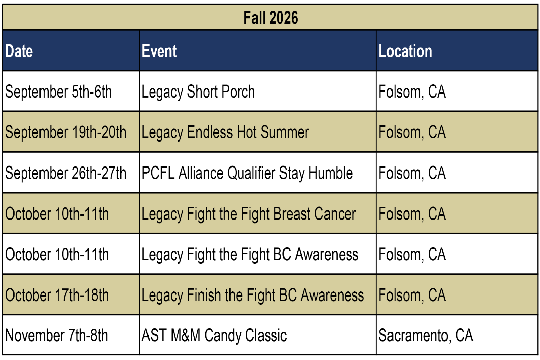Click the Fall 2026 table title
pos(270,18)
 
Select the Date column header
pos(19,51)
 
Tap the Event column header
pos(159,51)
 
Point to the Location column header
pos(405,51)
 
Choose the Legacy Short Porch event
pos(198,92)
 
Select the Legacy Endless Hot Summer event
pos(225,133)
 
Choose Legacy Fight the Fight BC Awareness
pos(250,255)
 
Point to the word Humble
pos(331,173)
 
